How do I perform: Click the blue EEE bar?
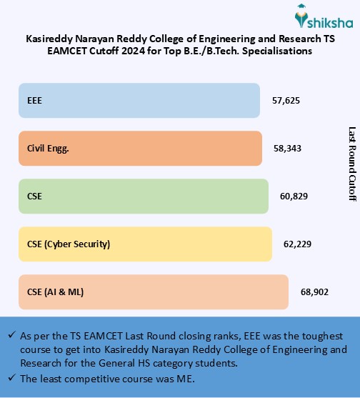pos(139,100)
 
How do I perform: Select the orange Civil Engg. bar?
pos(140,148)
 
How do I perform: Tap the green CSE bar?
pos(144,196)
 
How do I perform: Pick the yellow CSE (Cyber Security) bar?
pos(145,244)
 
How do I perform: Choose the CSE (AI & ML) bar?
pos(153,292)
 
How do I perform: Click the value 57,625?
pos(286,100)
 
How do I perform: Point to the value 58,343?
pos(287,148)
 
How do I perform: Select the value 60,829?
pos(294,196)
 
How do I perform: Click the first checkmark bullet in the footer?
pos(12,335)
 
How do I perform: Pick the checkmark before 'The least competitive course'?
pos(12,378)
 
